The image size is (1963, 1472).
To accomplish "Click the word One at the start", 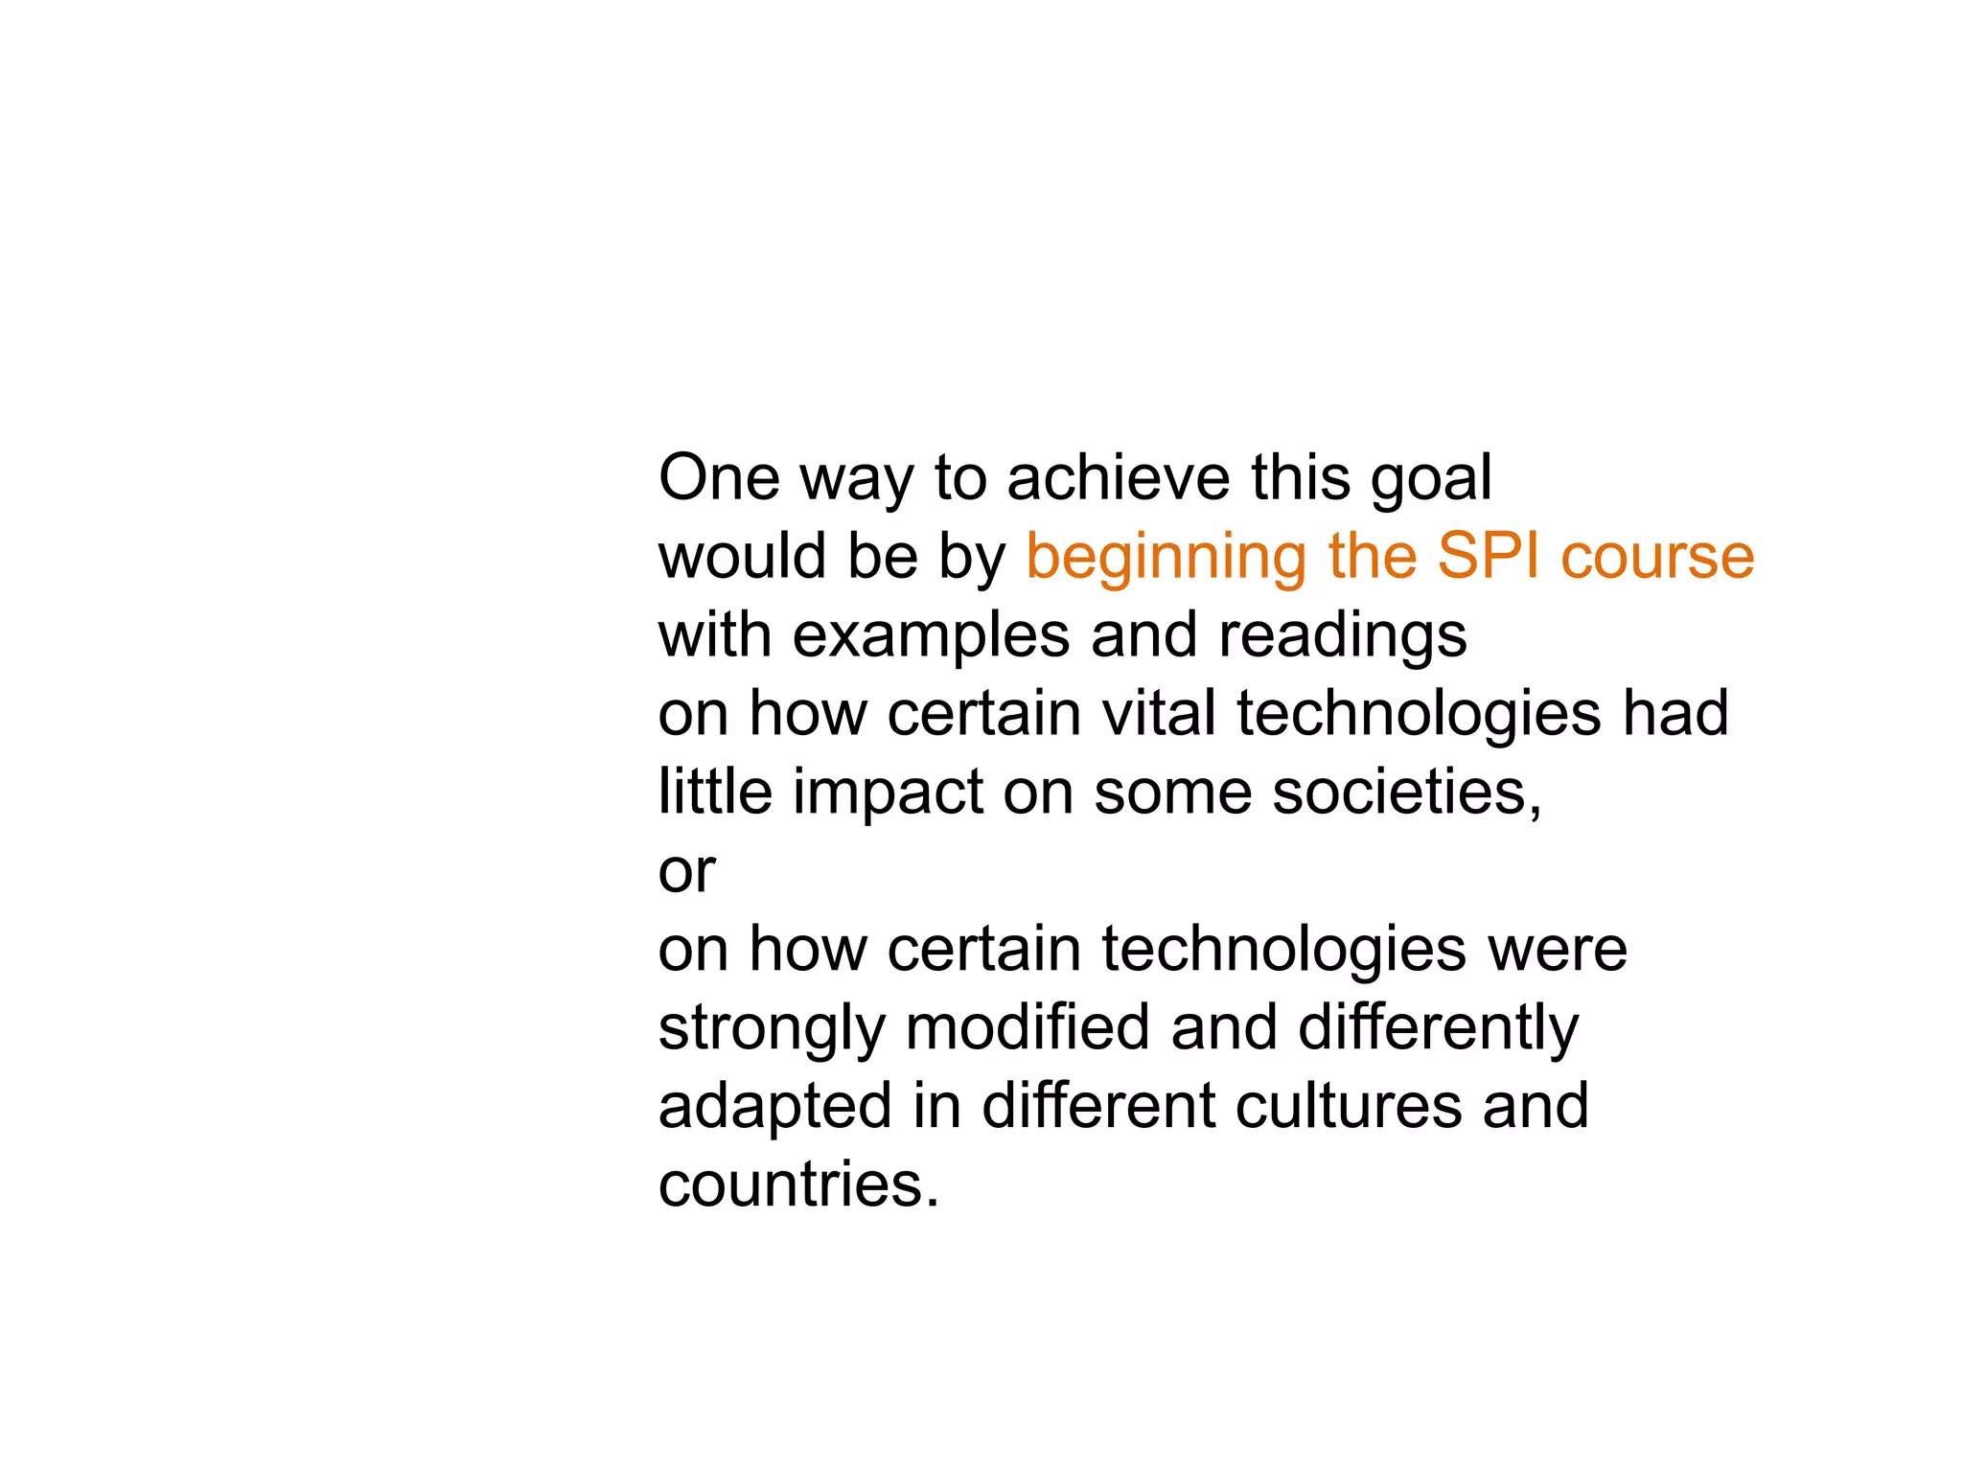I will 719,477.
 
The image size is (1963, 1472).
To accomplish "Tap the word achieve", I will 1118,477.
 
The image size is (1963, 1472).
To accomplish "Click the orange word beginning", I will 1166,558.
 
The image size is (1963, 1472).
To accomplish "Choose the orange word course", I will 1657,558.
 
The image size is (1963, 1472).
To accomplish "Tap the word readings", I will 1342,636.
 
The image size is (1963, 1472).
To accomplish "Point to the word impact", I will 888,793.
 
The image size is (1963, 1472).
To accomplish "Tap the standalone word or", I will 686,872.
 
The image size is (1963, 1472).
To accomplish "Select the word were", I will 1557,949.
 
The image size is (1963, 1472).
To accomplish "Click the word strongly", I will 772,1029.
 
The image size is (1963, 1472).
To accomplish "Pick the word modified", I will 1027,1027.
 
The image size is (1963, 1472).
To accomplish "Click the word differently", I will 1438,1029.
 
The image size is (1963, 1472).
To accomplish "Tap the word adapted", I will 775,1108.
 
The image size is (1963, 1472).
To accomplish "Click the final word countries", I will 797,1184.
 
